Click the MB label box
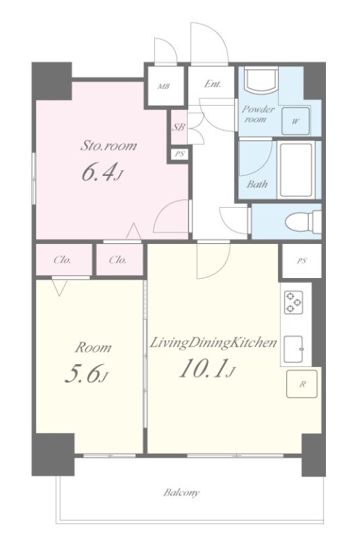(x=164, y=86)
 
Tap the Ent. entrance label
(x=212, y=84)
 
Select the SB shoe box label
(x=178, y=127)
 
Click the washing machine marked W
(x=296, y=121)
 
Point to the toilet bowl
(x=304, y=222)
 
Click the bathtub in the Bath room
(x=296, y=170)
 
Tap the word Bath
(x=257, y=184)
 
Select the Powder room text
(x=258, y=114)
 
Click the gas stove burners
(x=293, y=302)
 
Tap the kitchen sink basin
(x=293, y=349)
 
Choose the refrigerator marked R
(x=302, y=384)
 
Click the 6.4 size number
(x=99, y=173)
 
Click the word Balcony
(x=182, y=492)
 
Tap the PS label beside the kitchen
(x=302, y=261)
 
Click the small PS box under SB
(x=180, y=154)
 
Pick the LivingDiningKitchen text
(x=213, y=343)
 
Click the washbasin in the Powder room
(x=261, y=81)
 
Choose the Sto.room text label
(x=108, y=146)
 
